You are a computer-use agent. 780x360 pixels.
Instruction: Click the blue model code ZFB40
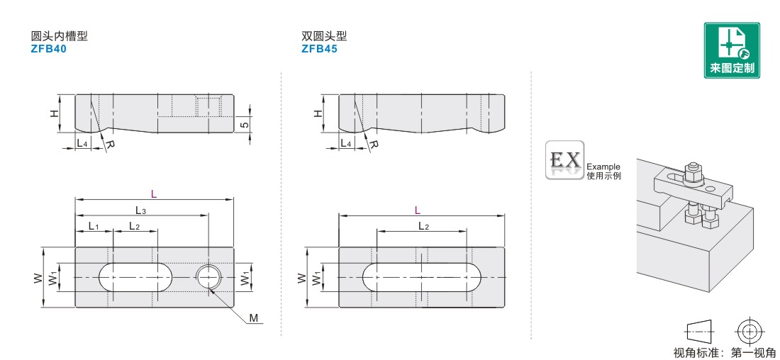click(48, 49)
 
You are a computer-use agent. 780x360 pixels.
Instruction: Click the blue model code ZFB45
click(319, 49)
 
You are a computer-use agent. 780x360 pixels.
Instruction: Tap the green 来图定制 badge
click(732, 50)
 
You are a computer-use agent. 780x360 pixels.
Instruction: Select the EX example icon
click(564, 159)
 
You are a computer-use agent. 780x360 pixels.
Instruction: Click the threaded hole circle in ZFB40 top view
click(208, 276)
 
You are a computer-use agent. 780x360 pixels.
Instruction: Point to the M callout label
click(254, 317)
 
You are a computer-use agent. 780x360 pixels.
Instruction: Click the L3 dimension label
click(141, 210)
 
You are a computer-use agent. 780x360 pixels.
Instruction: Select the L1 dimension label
click(94, 226)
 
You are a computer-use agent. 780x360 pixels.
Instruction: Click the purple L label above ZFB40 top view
click(154, 194)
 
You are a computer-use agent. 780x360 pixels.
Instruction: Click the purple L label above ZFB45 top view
click(418, 210)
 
